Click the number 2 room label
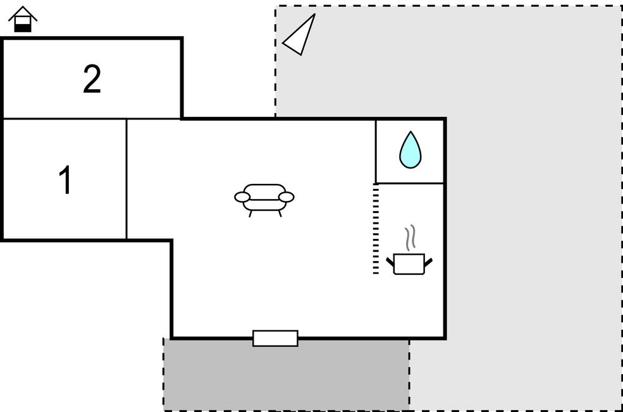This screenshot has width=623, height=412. [92, 80]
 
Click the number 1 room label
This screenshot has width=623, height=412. [65, 181]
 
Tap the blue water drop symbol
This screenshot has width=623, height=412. [410, 150]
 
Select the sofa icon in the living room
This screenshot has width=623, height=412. [264, 198]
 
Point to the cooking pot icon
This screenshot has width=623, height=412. [409, 263]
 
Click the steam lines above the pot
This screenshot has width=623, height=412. [410, 236]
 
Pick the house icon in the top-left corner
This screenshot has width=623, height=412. [23, 19]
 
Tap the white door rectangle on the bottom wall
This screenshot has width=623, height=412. [275, 338]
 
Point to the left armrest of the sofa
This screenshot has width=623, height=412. [242, 197]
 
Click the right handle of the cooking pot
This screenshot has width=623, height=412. [428, 260]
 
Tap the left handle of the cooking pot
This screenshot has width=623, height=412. [390, 260]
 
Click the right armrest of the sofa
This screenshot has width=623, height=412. [287, 197]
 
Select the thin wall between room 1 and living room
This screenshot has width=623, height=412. [126, 179]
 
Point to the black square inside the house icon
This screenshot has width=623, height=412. [23, 27]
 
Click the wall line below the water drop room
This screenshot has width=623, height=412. [410, 183]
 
